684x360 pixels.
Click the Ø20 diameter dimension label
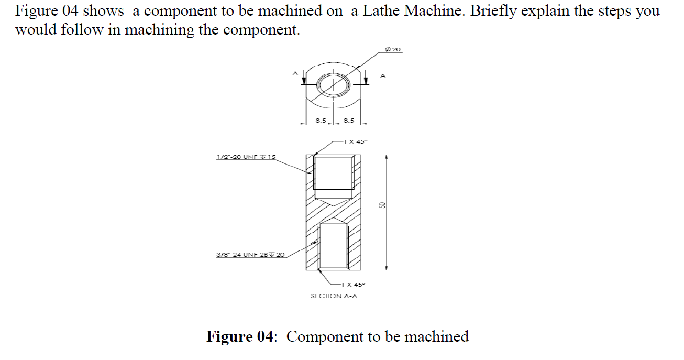(393, 49)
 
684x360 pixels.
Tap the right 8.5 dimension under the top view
(348, 120)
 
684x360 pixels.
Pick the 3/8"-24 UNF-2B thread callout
(250, 255)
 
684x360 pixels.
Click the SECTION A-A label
(334, 296)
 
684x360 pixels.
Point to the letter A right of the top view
(382, 77)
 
